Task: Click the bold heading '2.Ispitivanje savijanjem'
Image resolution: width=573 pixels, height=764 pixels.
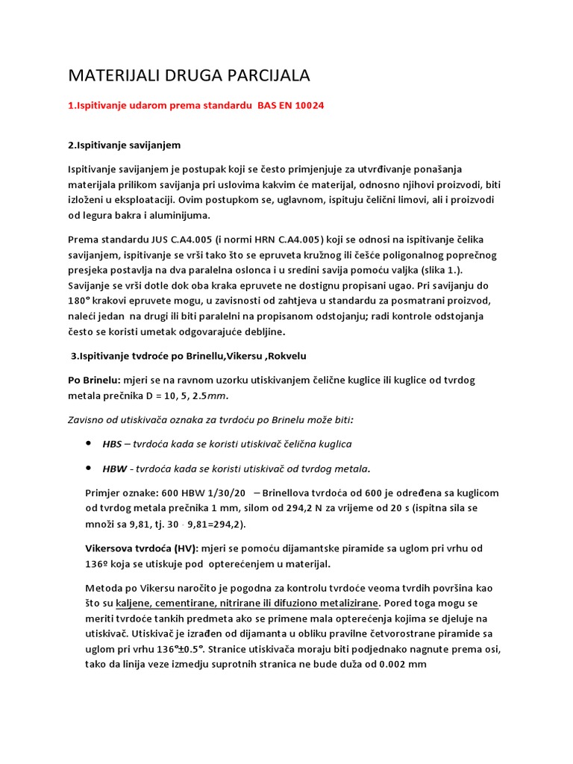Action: (x=125, y=144)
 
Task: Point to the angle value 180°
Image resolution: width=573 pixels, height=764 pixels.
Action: (x=80, y=300)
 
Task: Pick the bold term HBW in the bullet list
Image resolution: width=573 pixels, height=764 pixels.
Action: (x=115, y=469)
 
